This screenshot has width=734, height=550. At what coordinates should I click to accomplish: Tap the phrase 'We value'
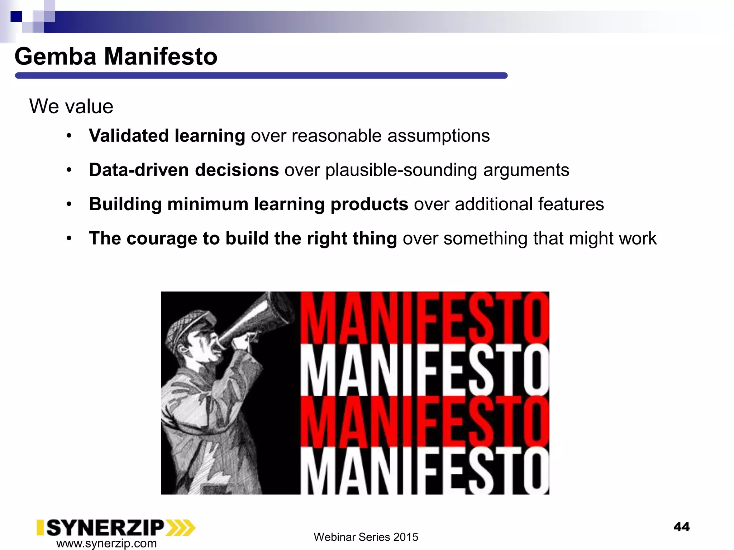point(71,106)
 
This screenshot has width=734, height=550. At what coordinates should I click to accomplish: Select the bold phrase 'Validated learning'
point(167,136)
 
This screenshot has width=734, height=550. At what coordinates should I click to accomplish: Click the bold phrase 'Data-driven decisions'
point(184,170)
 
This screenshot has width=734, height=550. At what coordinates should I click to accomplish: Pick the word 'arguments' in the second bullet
point(526,170)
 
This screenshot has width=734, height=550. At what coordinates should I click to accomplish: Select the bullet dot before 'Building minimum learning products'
point(69,204)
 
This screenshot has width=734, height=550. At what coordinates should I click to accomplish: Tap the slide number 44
point(681,527)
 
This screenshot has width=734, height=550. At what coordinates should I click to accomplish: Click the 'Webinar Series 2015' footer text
point(366,537)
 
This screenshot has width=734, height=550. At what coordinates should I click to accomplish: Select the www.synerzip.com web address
point(106,543)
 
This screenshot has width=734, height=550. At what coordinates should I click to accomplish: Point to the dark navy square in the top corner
point(16,16)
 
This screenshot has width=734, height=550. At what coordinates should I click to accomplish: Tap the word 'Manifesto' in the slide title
point(161,57)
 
